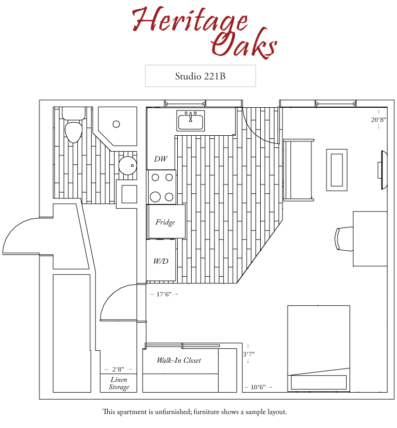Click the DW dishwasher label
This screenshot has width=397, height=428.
(161, 159)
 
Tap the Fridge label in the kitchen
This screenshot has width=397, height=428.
(165, 222)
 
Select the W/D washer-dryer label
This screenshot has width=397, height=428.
(161, 261)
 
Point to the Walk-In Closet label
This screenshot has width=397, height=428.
(179, 360)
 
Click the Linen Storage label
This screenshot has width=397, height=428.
(119, 383)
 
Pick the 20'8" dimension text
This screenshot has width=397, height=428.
(379, 120)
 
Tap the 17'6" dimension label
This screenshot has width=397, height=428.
(164, 294)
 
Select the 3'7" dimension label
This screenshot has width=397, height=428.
(249, 354)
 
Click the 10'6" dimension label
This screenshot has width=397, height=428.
(258, 387)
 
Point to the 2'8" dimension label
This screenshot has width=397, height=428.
(118, 369)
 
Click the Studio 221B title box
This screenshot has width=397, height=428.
(201, 76)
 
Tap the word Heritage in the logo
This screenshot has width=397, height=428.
(190, 19)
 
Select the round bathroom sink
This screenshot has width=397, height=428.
(127, 166)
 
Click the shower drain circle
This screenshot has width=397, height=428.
(116, 124)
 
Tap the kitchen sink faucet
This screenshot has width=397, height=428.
(191, 116)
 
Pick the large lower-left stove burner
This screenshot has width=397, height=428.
(155, 196)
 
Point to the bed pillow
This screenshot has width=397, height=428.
(319, 382)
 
